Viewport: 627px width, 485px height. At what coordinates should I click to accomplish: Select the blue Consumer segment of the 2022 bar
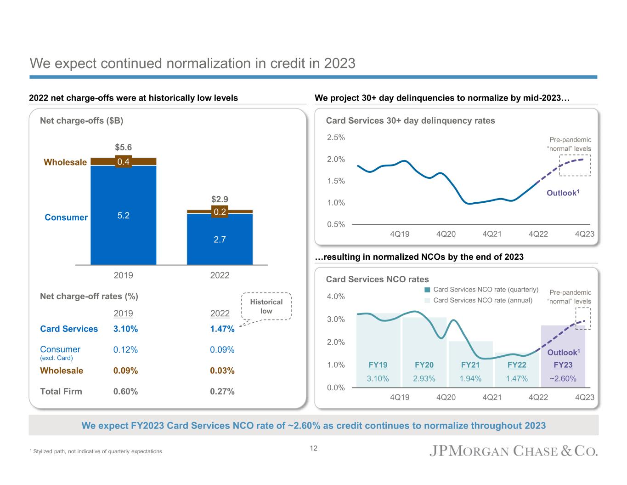(x=220, y=239)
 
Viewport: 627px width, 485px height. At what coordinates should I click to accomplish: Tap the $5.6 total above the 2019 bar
(x=123, y=147)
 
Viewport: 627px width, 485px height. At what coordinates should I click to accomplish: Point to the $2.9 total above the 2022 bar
(x=220, y=199)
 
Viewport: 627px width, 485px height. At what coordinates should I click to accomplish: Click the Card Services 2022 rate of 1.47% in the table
(x=222, y=329)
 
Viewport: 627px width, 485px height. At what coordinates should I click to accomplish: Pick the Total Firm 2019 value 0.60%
(x=125, y=391)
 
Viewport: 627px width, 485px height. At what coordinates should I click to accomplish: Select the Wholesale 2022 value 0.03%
(x=222, y=371)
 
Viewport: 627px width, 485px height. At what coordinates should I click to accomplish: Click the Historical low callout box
(x=266, y=306)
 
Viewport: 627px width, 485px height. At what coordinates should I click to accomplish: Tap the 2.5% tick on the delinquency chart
(x=336, y=137)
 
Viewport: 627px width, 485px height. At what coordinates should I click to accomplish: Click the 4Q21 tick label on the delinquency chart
(x=492, y=234)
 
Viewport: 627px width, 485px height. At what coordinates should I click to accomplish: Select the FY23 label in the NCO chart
(x=563, y=365)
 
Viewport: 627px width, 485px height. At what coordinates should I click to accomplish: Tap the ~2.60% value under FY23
(x=563, y=379)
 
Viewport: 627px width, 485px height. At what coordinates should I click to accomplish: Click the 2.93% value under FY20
(x=424, y=379)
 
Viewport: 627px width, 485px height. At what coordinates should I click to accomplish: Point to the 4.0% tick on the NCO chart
(x=336, y=297)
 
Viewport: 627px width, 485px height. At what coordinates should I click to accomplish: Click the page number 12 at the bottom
(x=313, y=448)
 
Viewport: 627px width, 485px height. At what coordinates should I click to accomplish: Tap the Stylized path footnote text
(x=96, y=451)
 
